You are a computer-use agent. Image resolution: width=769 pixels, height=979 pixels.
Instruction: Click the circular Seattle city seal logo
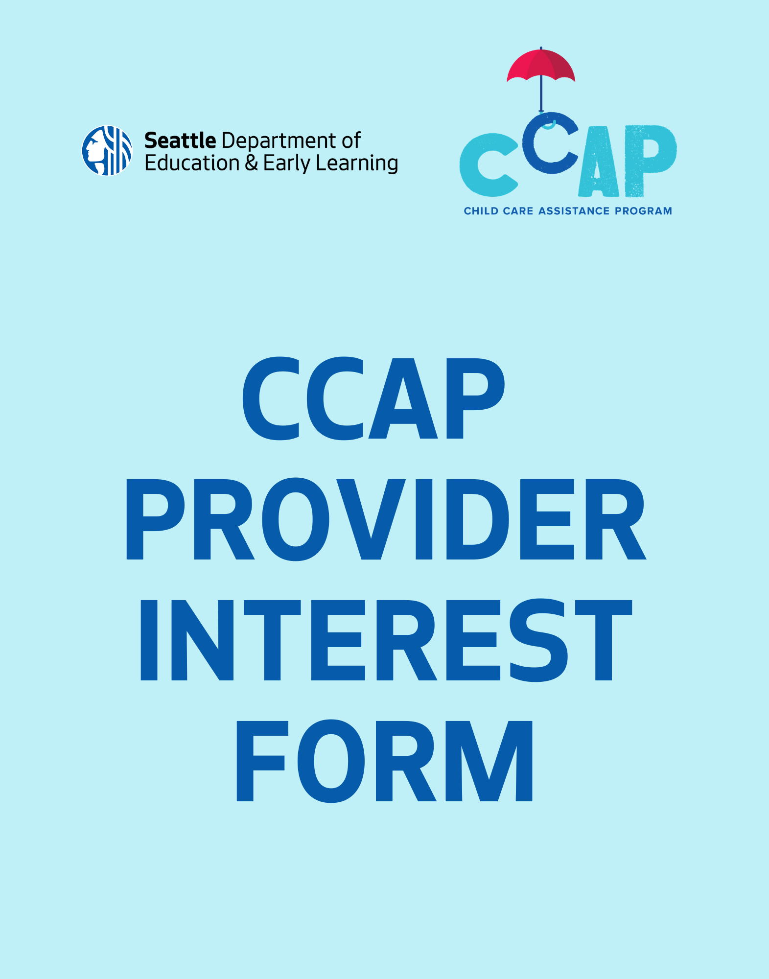coord(107,151)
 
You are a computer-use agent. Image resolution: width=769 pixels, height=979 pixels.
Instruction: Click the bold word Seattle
coord(180,141)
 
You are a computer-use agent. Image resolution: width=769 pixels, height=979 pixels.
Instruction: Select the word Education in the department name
coord(191,163)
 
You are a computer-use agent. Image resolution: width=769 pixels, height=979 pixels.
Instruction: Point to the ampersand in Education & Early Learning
coord(251,163)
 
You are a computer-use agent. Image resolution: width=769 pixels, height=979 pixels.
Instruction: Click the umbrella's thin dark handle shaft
coord(541,93)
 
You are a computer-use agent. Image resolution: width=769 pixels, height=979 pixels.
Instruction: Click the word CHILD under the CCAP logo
coord(481,211)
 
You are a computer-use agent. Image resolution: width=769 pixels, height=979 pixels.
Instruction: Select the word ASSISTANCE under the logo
coord(574,211)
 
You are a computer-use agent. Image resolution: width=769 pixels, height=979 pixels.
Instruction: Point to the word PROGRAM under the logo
coord(643,211)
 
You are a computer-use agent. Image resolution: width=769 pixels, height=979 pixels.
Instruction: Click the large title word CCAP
coord(373,398)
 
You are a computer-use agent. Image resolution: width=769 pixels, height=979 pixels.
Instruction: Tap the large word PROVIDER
coord(386,519)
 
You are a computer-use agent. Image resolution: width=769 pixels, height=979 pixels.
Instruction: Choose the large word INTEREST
coord(386,640)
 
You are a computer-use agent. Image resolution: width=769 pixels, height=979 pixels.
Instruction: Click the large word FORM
coord(384,761)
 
